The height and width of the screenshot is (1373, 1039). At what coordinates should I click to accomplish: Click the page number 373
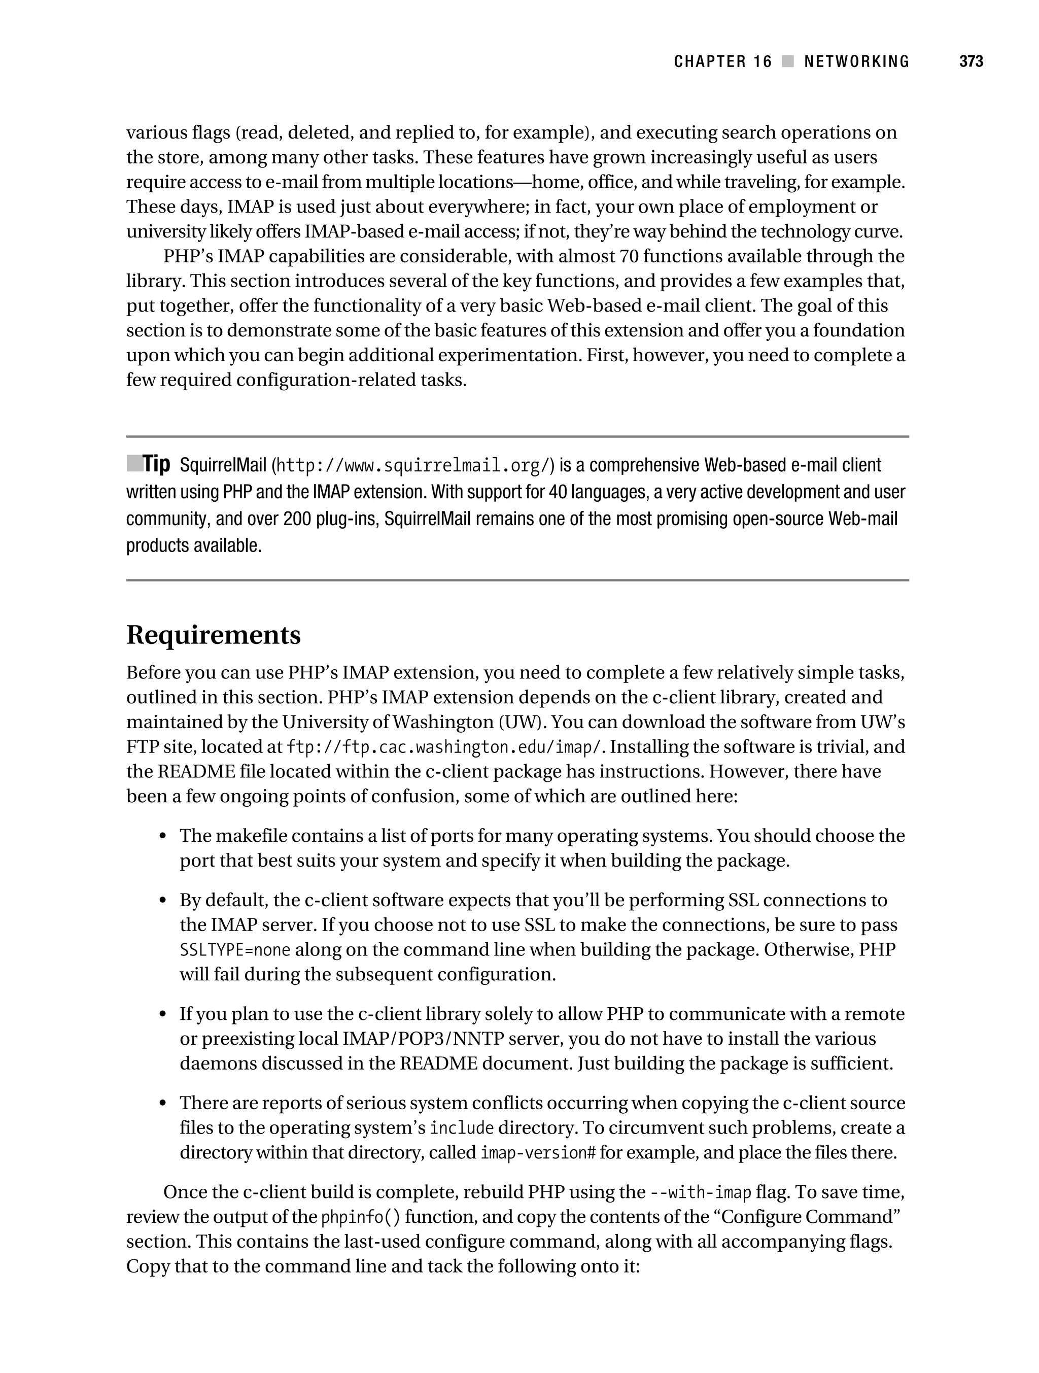[x=971, y=61]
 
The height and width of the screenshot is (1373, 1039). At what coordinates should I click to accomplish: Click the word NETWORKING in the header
[x=856, y=61]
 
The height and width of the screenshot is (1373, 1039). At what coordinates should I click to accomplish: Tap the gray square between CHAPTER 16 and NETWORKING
[x=788, y=61]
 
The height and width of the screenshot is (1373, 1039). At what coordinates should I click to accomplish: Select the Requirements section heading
[x=214, y=635]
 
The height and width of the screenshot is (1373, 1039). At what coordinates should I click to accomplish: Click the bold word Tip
[x=156, y=464]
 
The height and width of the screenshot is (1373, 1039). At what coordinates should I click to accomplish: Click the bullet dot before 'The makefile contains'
[x=163, y=837]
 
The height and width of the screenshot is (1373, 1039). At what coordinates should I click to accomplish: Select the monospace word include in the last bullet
[x=462, y=1128]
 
